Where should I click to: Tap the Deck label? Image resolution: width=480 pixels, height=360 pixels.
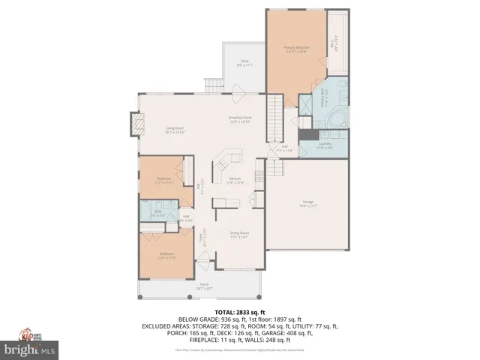[x=244, y=63]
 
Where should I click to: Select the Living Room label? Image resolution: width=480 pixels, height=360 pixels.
[x=175, y=130]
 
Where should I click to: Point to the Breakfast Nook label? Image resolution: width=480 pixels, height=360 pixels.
[x=240, y=118]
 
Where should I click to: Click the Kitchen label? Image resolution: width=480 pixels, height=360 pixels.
[x=235, y=180]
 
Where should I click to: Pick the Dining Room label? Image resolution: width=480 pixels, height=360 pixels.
[x=239, y=234]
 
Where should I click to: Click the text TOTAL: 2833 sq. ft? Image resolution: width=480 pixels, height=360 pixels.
[x=240, y=312]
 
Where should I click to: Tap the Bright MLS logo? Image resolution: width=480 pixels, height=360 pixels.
[x=30, y=349]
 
